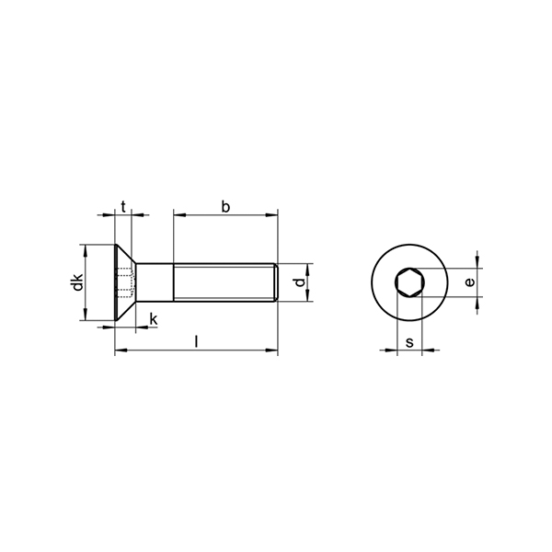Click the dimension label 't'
(x=123, y=207)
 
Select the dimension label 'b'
(x=225, y=207)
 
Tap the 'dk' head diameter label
(x=77, y=282)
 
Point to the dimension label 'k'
(x=154, y=319)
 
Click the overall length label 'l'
(x=197, y=342)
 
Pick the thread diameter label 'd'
(x=299, y=282)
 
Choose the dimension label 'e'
(x=469, y=282)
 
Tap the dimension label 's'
(x=409, y=342)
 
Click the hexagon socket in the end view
(x=409, y=282)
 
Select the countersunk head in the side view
(x=125, y=282)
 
